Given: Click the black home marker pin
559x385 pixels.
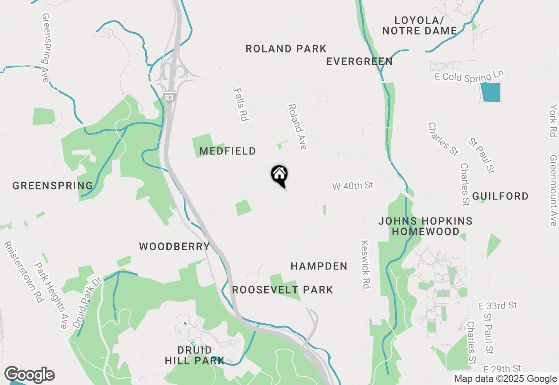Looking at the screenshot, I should coord(279,175).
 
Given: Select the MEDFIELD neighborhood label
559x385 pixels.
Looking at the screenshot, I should coord(228,151).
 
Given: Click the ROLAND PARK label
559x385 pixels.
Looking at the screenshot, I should coord(286,49).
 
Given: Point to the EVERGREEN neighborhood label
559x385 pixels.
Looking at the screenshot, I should coord(359,62).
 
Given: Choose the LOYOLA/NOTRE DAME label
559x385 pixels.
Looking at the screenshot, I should coord(419,26).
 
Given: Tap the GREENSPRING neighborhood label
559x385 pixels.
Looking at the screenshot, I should coord(53,185).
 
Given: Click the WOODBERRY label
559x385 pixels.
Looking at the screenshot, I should coord(175,247).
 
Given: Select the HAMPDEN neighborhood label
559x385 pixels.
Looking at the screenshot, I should coord(319,266).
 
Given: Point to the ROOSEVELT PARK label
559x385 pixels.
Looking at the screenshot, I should coord(283,290).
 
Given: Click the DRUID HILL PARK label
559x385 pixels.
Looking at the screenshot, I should coord(195,356).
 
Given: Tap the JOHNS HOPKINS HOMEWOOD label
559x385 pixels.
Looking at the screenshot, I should coord(425,226).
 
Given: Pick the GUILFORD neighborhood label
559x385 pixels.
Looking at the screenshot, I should coord(500,196).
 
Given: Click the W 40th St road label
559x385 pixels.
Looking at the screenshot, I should coord(353,186).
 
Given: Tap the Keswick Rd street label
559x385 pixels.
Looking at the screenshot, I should coord(366,264).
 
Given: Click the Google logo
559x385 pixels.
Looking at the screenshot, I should coord(29,374).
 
